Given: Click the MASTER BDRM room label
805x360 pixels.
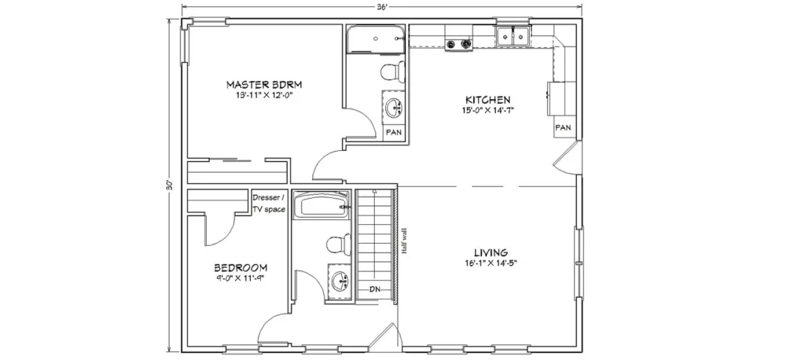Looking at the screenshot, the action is pyautogui.click(x=264, y=83).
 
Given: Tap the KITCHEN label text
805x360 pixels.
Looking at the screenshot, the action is pyautogui.click(x=487, y=100).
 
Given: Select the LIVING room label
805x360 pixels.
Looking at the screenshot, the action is pyautogui.click(x=491, y=252).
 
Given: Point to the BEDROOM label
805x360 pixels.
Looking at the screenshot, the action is pyautogui.click(x=241, y=267).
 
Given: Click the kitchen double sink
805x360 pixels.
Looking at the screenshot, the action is pyautogui.click(x=513, y=36).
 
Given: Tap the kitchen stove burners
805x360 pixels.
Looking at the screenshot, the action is pyautogui.click(x=458, y=45).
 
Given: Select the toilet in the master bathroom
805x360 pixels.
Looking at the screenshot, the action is pyautogui.click(x=392, y=71).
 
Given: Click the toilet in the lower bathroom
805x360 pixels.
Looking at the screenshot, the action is pyautogui.click(x=338, y=244).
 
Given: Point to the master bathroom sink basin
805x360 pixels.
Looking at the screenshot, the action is pyautogui.click(x=395, y=107).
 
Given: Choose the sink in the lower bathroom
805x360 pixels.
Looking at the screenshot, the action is pyautogui.click(x=340, y=281).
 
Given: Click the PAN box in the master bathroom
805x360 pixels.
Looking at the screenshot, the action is pyautogui.click(x=394, y=132).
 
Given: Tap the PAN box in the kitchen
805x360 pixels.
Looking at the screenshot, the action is pyautogui.click(x=563, y=128).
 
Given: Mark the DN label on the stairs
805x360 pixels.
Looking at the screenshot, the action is pyautogui.click(x=375, y=289).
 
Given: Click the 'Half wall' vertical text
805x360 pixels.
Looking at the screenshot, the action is pyautogui.click(x=405, y=241).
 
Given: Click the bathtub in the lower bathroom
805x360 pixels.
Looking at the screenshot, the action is pyautogui.click(x=322, y=205).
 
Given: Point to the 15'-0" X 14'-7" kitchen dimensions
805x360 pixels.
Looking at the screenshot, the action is pyautogui.click(x=487, y=110).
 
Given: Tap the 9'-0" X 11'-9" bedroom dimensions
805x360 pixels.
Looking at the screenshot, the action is pyautogui.click(x=241, y=278).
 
